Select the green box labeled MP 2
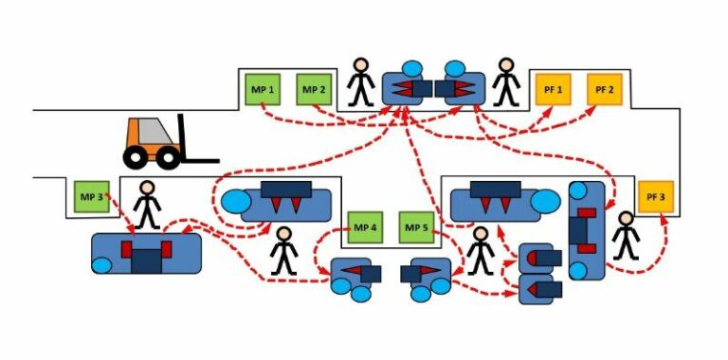314,90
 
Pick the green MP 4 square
365,228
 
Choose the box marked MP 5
416,228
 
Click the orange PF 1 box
554,90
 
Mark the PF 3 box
655,197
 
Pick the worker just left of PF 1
506,82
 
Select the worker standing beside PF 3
625,236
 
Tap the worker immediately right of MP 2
360,82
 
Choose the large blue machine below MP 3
147,252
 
